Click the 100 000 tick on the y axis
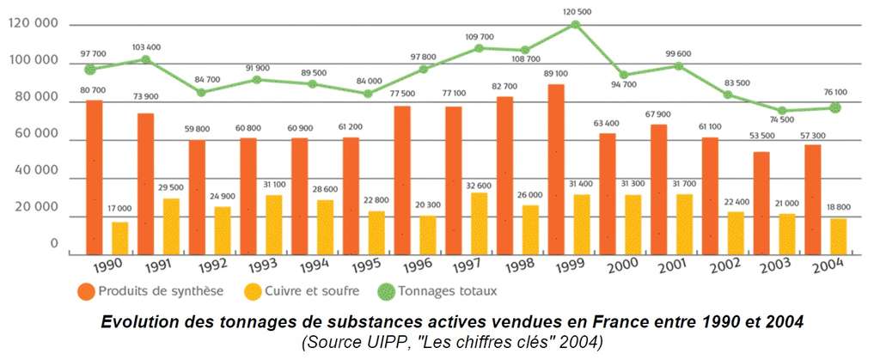pos(32,63)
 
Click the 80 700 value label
pos(94,89)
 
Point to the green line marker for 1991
pos(146,59)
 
